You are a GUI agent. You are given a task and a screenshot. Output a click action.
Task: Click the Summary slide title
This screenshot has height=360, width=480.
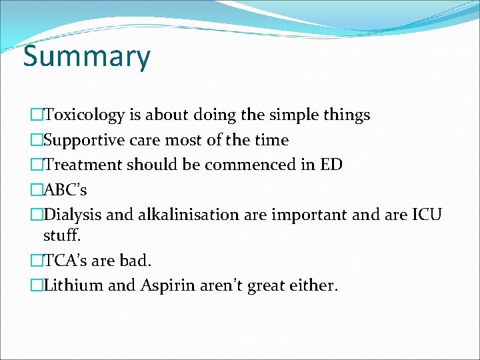(x=87, y=57)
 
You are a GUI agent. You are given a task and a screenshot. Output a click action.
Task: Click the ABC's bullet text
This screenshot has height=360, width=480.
(x=65, y=189)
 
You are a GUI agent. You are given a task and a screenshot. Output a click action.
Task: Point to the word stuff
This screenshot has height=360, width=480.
(x=61, y=235)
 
